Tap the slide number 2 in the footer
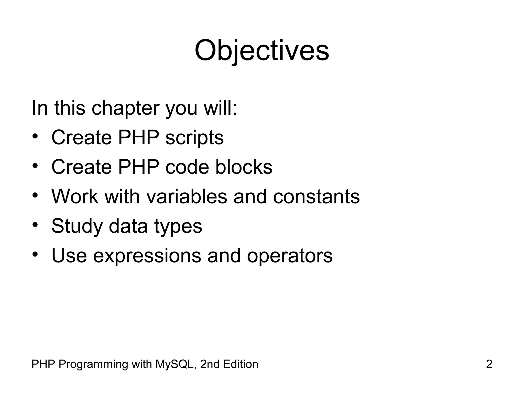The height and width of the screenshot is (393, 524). coord(489,364)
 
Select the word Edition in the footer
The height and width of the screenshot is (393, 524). coord(240,364)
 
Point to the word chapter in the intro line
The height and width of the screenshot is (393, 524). coord(125,108)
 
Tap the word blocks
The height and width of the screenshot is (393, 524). coord(244,167)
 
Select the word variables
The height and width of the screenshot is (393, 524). coord(187,196)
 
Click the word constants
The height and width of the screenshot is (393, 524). coord(316,196)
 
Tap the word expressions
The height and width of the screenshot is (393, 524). coord(147,256)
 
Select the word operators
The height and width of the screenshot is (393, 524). coord(290,256)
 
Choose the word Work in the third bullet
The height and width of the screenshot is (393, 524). coord(75,196)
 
